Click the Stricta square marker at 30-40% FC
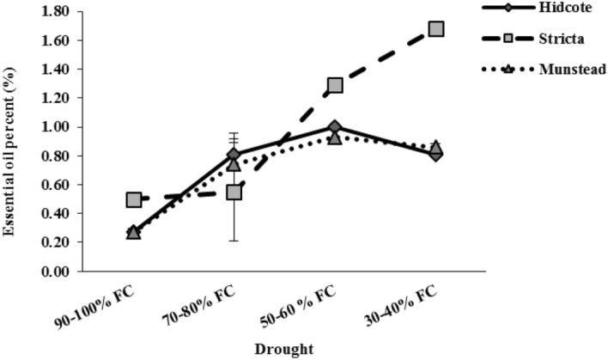click(x=435, y=28)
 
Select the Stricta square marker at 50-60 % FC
click(x=335, y=85)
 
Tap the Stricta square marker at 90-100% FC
click(x=134, y=199)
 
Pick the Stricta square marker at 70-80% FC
click(x=234, y=192)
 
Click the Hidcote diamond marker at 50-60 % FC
click(x=335, y=127)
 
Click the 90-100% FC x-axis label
click(x=123, y=304)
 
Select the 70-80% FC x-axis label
click(x=222, y=304)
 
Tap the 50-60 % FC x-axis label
click(x=322, y=304)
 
